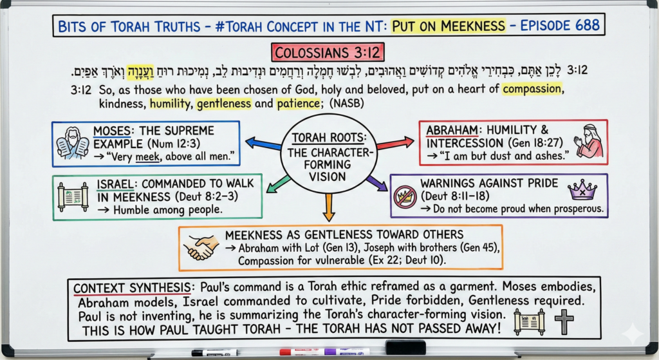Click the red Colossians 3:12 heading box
click(x=328, y=53)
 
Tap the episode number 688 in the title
click(x=587, y=25)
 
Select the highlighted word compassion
click(x=532, y=89)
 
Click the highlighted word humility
click(x=170, y=104)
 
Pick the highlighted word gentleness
click(x=224, y=104)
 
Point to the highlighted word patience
click(x=298, y=104)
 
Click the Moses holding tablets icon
click(x=72, y=144)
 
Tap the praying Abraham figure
click(x=590, y=142)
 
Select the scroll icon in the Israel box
click(x=73, y=197)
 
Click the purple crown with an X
click(x=582, y=191)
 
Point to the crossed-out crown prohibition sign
click(x=405, y=197)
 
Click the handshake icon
click(x=201, y=247)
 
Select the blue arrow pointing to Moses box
click(x=263, y=144)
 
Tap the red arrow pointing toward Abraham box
click(x=395, y=143)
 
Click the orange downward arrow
click(x=329, y=207)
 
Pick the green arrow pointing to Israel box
click(x=279, y=184)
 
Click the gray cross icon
click(x=564, y=322)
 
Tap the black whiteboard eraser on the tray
click(x=405, y=348)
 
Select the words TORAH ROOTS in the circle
click(x=329, y=138)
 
